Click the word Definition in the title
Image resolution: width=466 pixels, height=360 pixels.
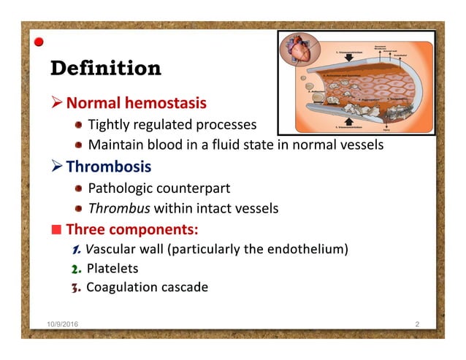(x=105, y=68)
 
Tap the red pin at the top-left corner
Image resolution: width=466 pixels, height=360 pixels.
(x=39, y=42)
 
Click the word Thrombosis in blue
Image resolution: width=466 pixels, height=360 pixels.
(x=109, y=166)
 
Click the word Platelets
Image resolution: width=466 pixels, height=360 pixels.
(x=112, y=268)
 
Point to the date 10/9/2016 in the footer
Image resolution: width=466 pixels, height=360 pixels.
(x=56, y=323)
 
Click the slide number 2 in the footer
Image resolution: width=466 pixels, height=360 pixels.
(x=416, y=323)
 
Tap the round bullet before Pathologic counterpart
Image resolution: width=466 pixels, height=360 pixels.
(x=78, y=188)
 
